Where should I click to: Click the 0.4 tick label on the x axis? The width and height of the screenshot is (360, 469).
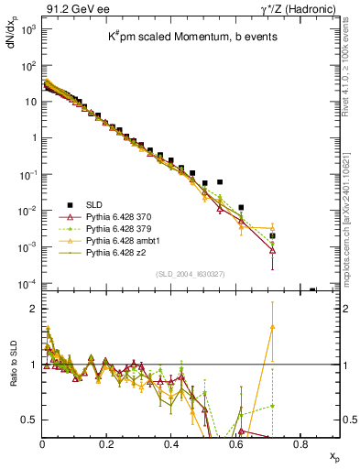pos(171,442)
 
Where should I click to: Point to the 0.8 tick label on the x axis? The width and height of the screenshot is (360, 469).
pos(300,442)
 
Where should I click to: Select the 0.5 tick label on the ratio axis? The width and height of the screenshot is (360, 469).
pos(27,420)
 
